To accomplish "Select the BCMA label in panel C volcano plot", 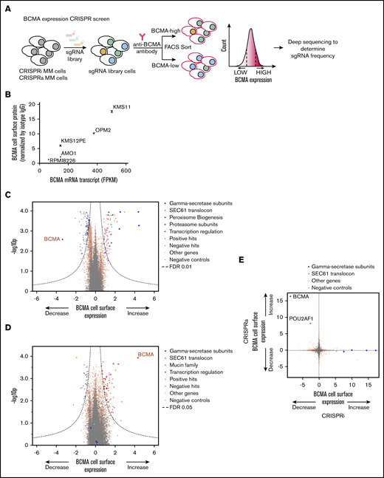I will pos(53,239).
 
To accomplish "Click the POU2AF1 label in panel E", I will pos(297,323).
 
